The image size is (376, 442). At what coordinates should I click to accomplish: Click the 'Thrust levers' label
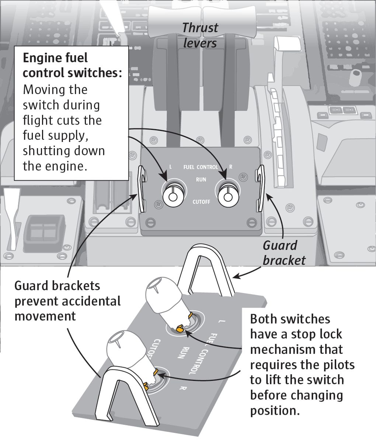(x=200, y=35)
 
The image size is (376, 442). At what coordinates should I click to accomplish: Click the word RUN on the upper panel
(x=201, y=180)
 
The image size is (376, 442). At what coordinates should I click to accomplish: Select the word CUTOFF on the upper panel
(x=201, y=202)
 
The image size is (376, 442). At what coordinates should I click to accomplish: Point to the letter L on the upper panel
(x=170, y=167)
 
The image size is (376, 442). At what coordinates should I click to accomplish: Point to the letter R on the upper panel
(x=231, y=167)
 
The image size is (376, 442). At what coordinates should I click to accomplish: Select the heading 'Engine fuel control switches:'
(x=72, y=65)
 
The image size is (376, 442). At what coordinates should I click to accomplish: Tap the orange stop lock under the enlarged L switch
(x=180, y=328)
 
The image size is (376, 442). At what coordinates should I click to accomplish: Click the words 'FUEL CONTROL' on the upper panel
(x=201, y=167)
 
